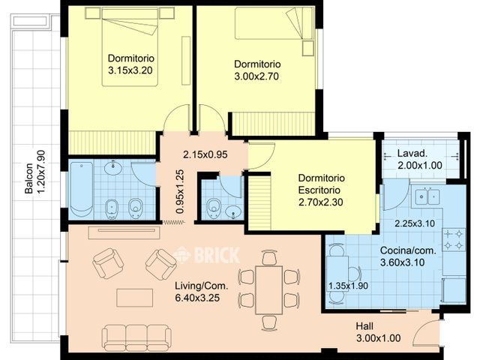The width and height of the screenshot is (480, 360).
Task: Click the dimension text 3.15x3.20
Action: click(x=131, y=72)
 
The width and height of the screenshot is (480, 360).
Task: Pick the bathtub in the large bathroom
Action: click(x=80, y=189)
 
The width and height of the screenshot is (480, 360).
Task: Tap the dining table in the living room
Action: click(x=268, y=289)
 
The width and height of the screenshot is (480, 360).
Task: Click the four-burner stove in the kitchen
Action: click(x=454, y=239)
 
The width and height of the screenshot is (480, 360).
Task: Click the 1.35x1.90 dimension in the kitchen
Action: click(x=348, y=286)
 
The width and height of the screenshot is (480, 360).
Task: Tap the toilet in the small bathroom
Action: click(x=214, y=205)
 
